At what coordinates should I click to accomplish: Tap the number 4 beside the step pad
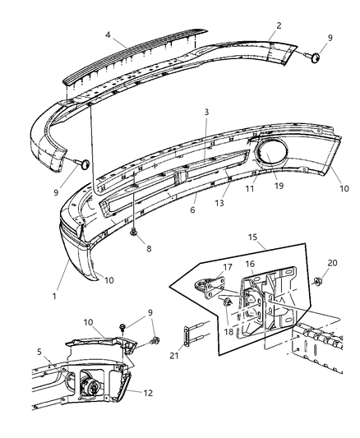(x=108, y=35)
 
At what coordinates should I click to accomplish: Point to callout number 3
(x=206, y=112)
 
